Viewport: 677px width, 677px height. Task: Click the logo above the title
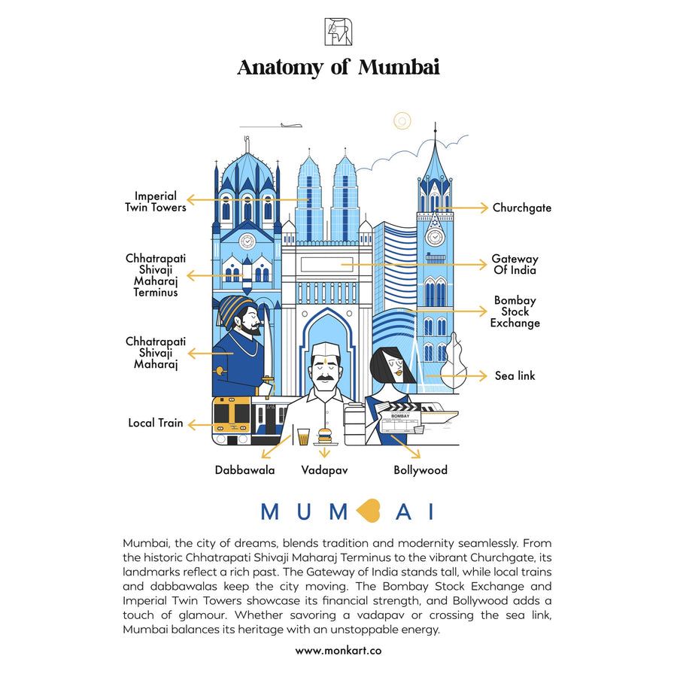[x=338, y=32]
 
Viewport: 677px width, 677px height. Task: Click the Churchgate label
[x=521, y=208]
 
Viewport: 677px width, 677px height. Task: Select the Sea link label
[x=515, y=375]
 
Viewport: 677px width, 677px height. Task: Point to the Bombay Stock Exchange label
[x=515, y=311]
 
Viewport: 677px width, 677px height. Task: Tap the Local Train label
[x=156, y=423]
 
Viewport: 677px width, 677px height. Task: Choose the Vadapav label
[x=324, y=470]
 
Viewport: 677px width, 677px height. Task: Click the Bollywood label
[x=420, y=470]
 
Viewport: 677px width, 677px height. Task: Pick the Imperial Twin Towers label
[x=156, y=202]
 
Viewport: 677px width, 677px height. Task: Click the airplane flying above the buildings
[x=290, y=125]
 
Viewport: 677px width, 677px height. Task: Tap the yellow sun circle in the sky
[x=402, y=120]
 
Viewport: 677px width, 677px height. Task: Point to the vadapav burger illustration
[x=324, y=436]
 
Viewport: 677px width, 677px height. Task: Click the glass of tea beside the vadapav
[x=303, y=436]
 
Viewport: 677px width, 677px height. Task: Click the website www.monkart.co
[x=338, y=650]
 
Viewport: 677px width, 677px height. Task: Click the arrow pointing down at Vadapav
[x=324, y=451]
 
